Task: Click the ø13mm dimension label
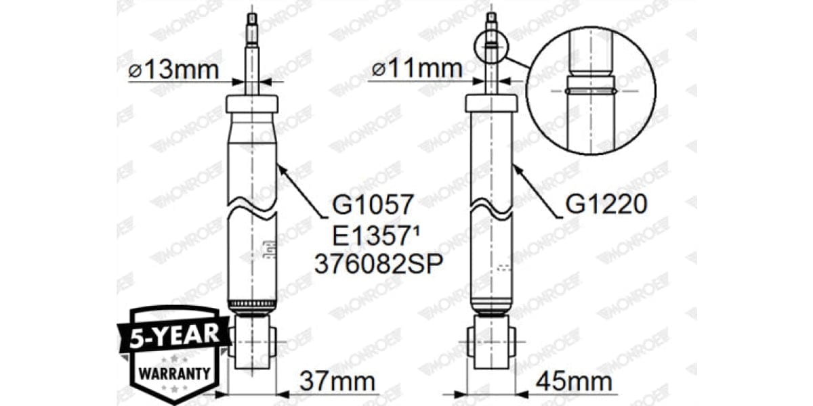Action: click(x=173, y=70)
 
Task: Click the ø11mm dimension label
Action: click(x=416, y=68)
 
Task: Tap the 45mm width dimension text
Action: click(x=575, y=382)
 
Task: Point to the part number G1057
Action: click(x=373, y=202)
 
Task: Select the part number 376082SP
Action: click(x=378, y=264)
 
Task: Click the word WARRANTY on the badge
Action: click(x=174, y=371)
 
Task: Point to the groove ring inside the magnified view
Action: click(x=591, y=89)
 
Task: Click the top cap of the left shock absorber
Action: click(x=252, y=104)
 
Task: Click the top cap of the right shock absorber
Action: click(x=491, y=103)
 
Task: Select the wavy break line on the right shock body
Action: click(x=491, y=207)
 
